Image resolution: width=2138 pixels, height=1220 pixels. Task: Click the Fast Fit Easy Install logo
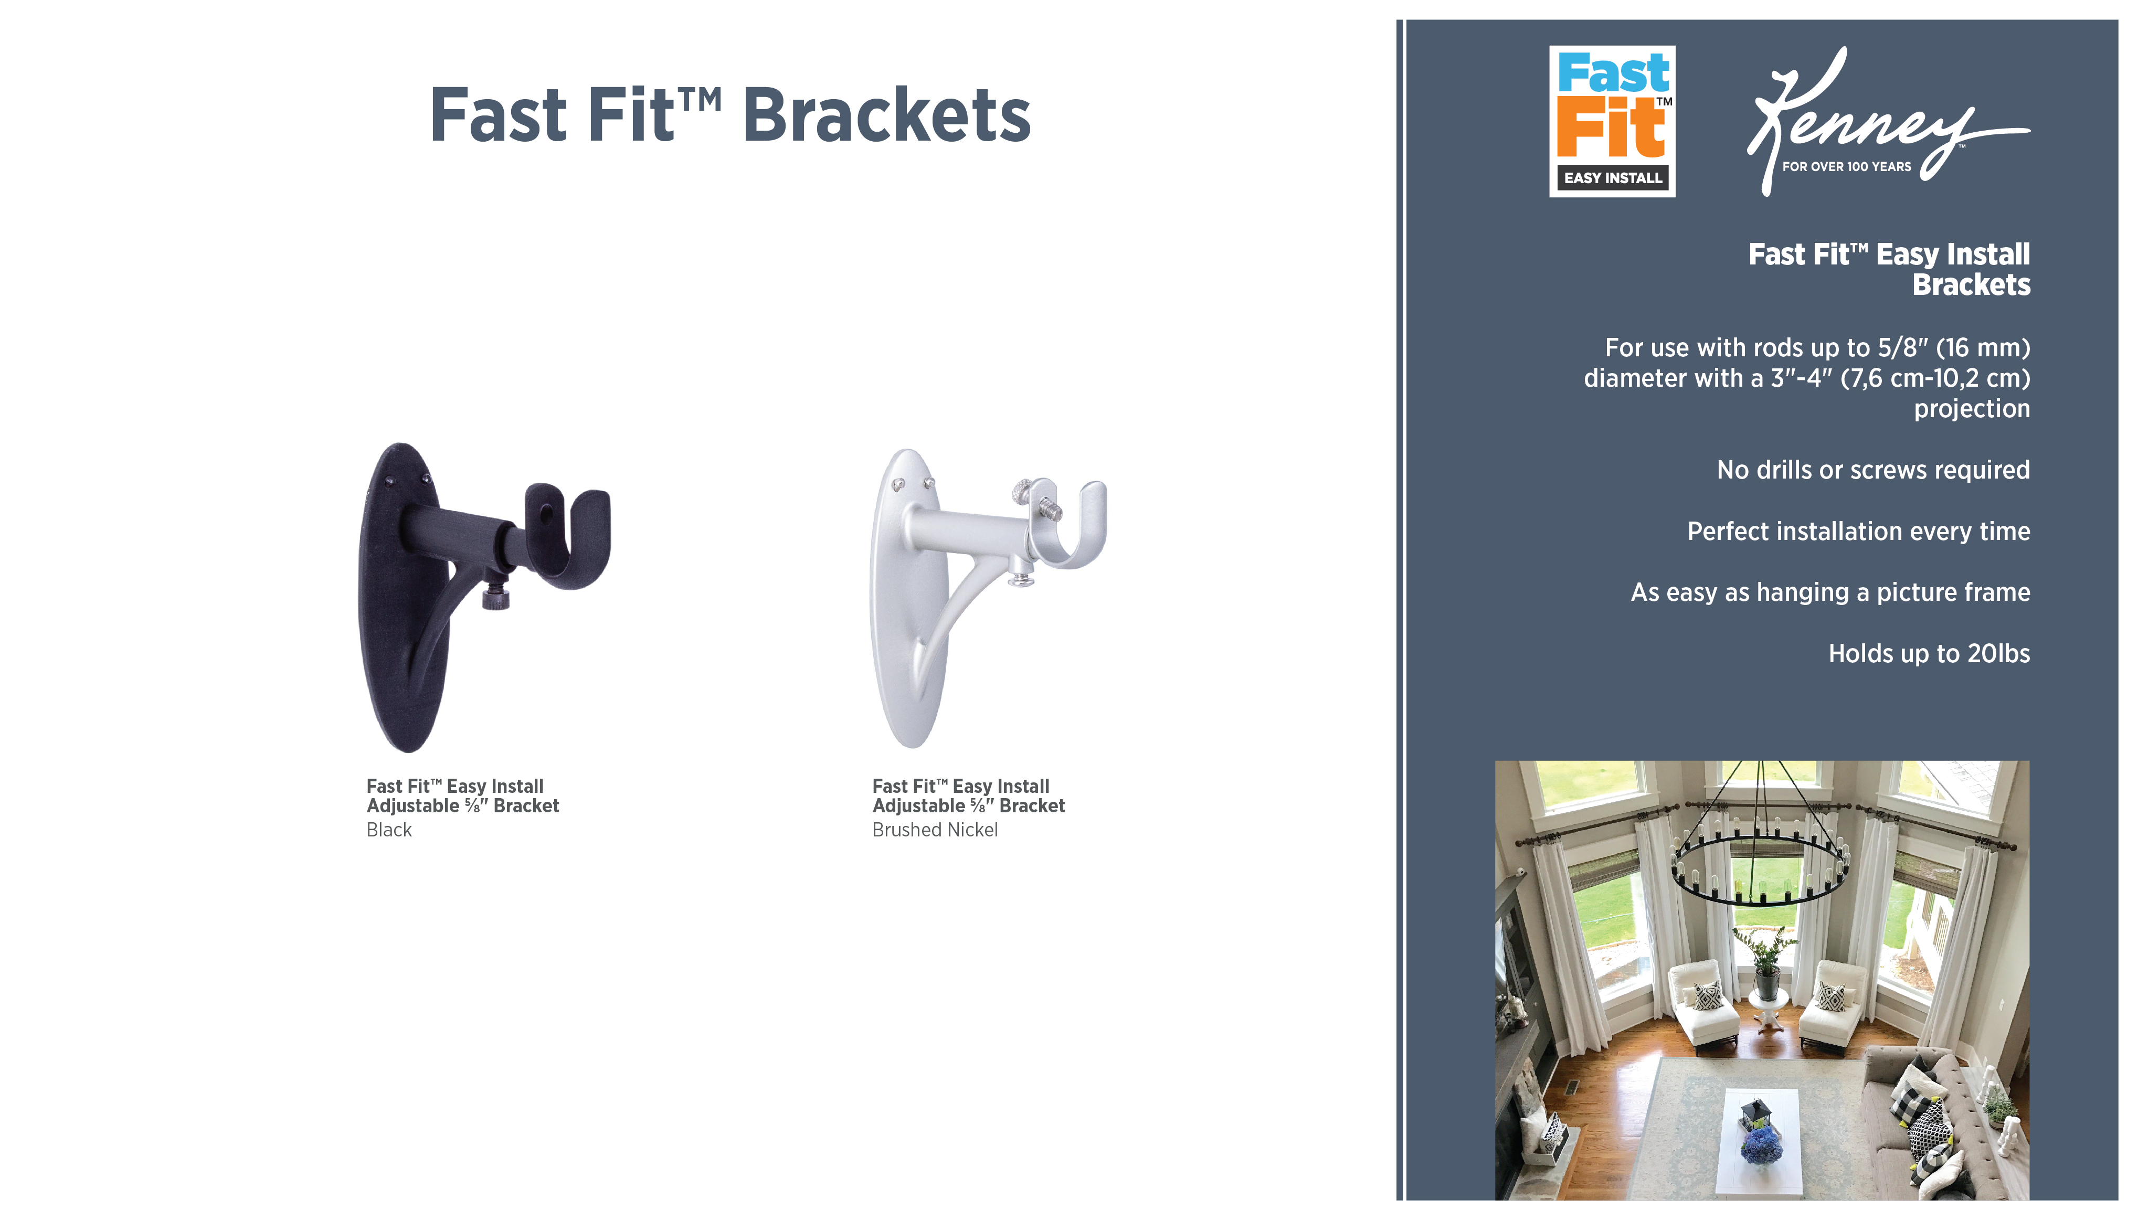[x=1611, y=122]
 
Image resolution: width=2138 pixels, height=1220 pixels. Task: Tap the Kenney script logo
[x=1887, y=122]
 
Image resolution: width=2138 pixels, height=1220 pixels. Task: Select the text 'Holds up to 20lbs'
[x=1929, y=654]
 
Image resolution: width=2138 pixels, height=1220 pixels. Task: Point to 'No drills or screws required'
[x=1874, y=470]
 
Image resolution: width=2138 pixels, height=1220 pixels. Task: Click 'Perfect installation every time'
[x=1858, y=531]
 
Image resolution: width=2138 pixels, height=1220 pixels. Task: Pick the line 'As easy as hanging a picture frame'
[x=1830, y=592]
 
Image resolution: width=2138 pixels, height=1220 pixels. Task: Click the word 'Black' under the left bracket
[x=389, y=830]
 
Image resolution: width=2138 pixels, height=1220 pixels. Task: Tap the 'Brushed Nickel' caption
[x=935, y=830]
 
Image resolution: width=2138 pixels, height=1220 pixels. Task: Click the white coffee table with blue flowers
[x=1759, y=1140]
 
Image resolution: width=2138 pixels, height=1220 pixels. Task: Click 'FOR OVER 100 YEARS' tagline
[x=1846, y=167]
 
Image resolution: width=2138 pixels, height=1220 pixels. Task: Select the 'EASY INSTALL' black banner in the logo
[x=1613, y=178]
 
